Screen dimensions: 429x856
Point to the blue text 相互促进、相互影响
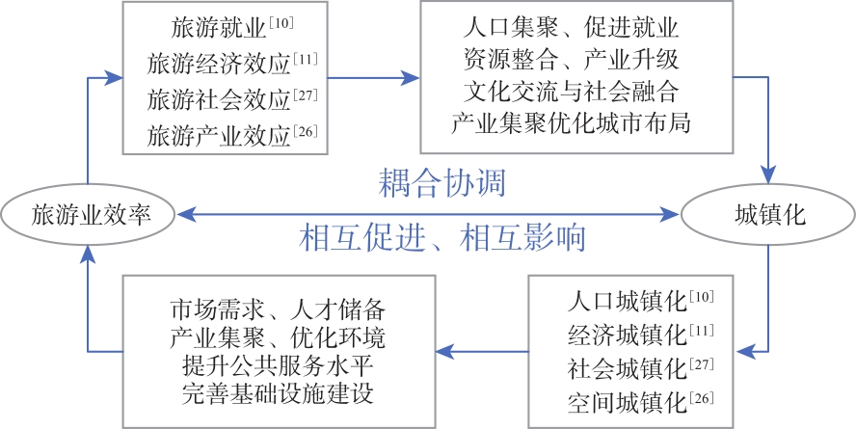[442, 237]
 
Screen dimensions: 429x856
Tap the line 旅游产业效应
[219, 135]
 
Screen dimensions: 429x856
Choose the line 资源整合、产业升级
[572, 60]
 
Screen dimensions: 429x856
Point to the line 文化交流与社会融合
[572, 92]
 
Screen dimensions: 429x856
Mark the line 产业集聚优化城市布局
[572, 124]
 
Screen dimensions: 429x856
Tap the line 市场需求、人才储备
[278, 310]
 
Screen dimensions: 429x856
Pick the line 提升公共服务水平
[278, 367]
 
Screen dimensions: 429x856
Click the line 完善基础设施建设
[278, 395]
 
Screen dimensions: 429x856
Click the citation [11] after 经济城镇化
[701, 330]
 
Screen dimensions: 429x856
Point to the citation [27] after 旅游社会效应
[305, 93]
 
